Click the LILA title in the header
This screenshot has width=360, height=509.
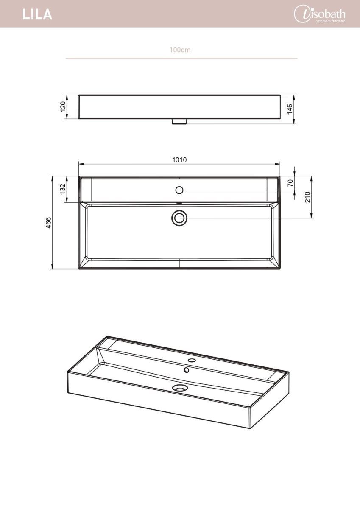pos(37,14)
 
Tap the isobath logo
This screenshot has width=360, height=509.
pos(320,14)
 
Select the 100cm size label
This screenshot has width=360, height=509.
pos(180,50)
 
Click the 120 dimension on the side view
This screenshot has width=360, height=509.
pos(63,106)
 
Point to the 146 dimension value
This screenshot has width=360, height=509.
pos(290,109)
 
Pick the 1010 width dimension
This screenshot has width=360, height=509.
pos(179,160)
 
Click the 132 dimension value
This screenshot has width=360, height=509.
pos(63,189)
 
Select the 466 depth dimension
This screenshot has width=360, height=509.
pos(49,223)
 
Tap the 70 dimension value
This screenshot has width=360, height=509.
pos(290,183)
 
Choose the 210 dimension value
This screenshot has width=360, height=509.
pos(307,197)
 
